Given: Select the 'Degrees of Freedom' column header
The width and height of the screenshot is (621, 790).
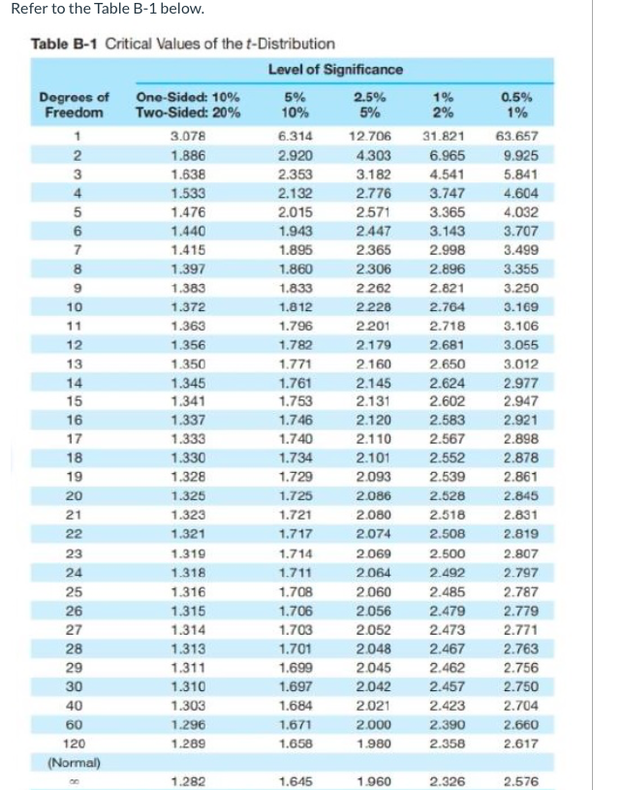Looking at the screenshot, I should pyautogui.click(x=73, y=104).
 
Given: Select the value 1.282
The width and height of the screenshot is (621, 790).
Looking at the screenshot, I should pyautogui.click(x=186, y=780).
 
